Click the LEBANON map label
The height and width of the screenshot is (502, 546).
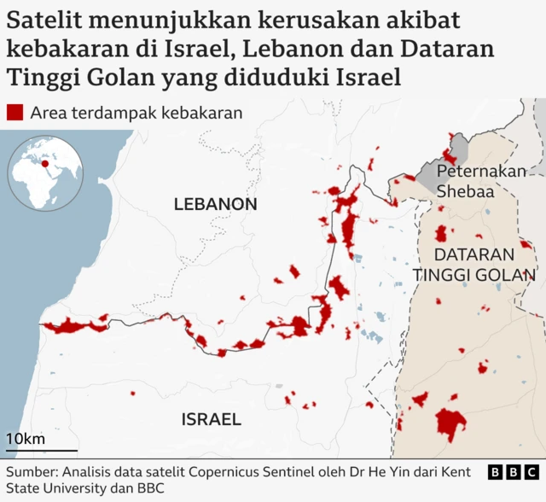click(x=215, y=205)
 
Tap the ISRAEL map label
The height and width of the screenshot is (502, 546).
click(x=211, y=419)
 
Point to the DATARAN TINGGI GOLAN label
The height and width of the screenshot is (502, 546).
click(x=473, y=265)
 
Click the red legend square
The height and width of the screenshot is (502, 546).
click(x=15, y=113)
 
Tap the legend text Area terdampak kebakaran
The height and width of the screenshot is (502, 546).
click(x=136, y=113)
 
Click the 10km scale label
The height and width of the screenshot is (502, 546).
click(x=26, y=439)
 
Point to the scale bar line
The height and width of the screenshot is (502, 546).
click(x=42, y=451)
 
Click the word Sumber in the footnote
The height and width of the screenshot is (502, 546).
click(x=32, y=471)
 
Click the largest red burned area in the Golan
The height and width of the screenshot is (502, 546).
click(x=450, y=423)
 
